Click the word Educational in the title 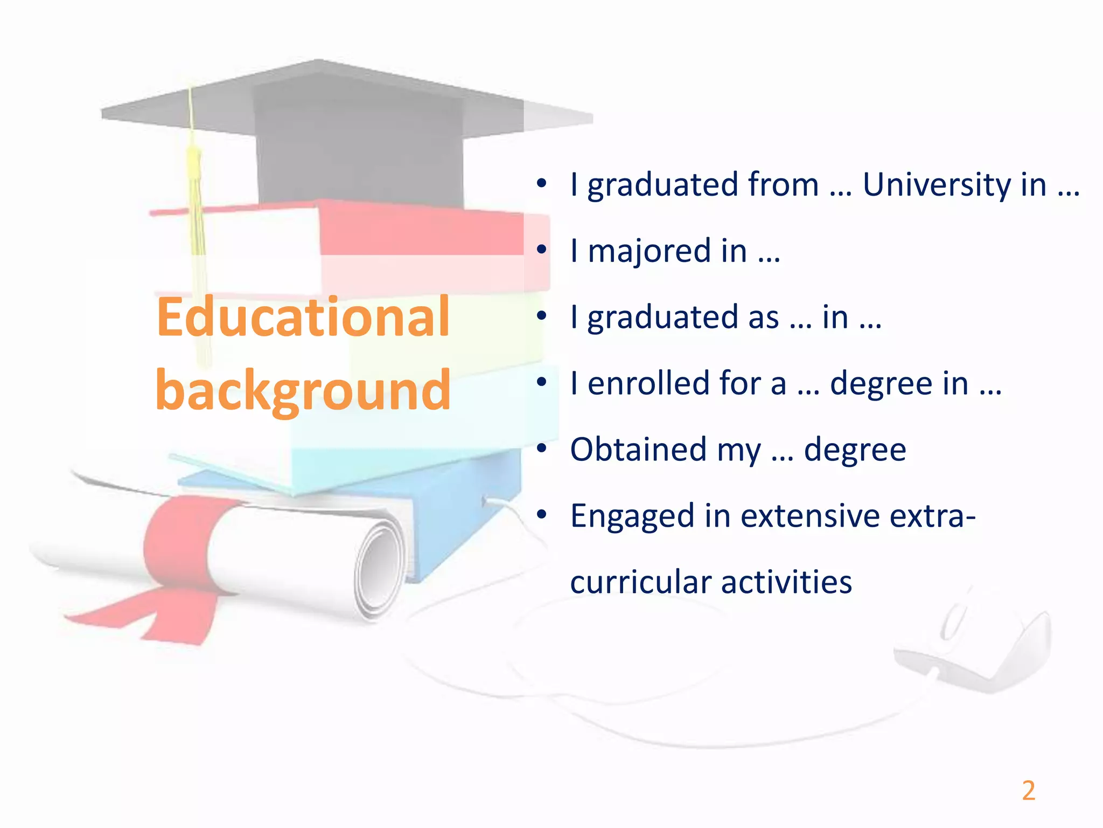coord(303,318)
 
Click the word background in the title coord(303,391)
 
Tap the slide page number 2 coord(1028,791)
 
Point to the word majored coord(649,251)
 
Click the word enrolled coord(648,383)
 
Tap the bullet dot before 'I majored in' coord(542,250)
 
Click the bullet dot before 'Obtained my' coord(542,448)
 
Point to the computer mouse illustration coord(975,641)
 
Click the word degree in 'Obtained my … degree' coord(855,450)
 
